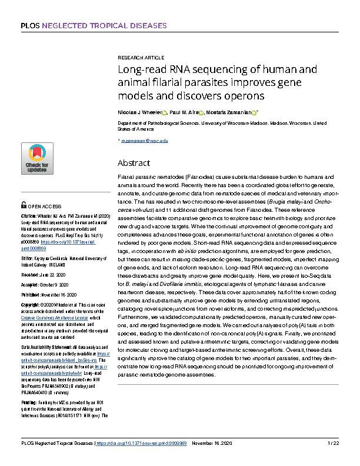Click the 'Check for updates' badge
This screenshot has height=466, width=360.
pos(36,158)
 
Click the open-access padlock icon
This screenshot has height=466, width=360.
pos(24,207)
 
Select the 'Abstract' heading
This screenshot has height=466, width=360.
pos(134,162)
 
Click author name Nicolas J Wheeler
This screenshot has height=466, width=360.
pos(140,112)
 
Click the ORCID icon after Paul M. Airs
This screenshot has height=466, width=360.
pos(201,112)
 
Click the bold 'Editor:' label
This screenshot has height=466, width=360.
pos(27,257)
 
